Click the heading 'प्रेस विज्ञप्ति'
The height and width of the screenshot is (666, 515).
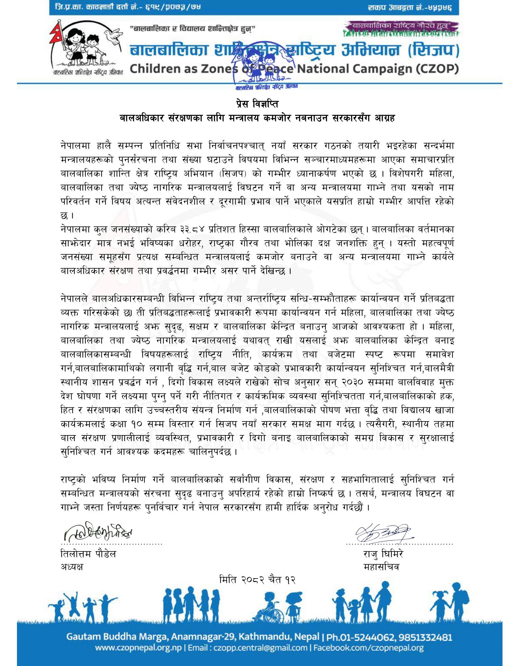(x=257, y=105)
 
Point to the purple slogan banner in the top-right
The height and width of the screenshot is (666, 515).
(x=402, y=25)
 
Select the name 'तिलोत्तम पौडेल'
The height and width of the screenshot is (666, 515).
(x=88, y=554)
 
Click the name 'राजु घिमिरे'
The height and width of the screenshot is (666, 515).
(x=383, y=554)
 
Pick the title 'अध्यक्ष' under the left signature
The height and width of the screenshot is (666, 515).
(x=72, y=567)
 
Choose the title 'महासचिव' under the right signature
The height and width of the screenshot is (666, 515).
(x=381, y=567)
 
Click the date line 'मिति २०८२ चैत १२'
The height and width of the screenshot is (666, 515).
(x=257, y=579)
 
